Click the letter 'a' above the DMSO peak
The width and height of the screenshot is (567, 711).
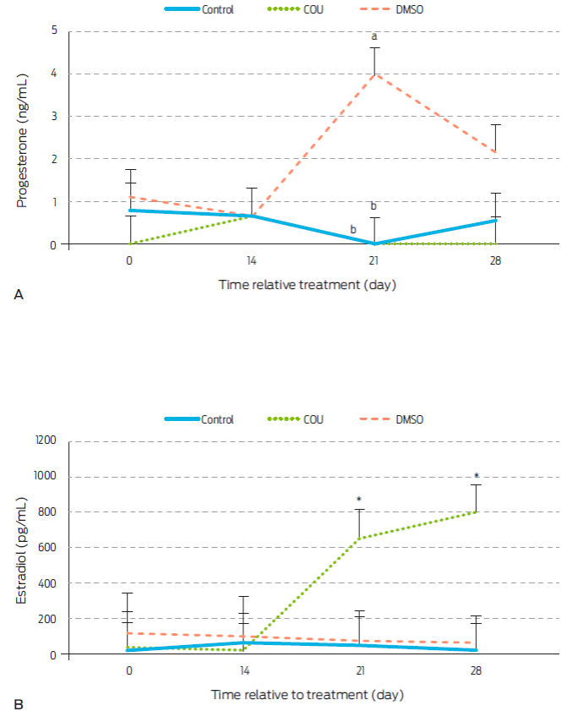(x=373, y=36)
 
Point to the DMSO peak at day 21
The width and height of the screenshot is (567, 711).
(x=373, y=74)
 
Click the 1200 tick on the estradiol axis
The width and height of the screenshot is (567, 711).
(x=45, y=440)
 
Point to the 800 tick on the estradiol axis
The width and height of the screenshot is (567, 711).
(x=47, y=512)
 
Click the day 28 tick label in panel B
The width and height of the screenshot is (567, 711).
(x=495, y=670)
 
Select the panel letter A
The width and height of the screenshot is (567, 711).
(x=18, y=293)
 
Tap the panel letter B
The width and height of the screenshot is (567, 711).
(x=18, y=703)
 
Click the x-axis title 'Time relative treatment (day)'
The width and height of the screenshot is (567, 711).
(x=308, y=285)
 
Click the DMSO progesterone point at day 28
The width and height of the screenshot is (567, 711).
(x=495, y=152)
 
